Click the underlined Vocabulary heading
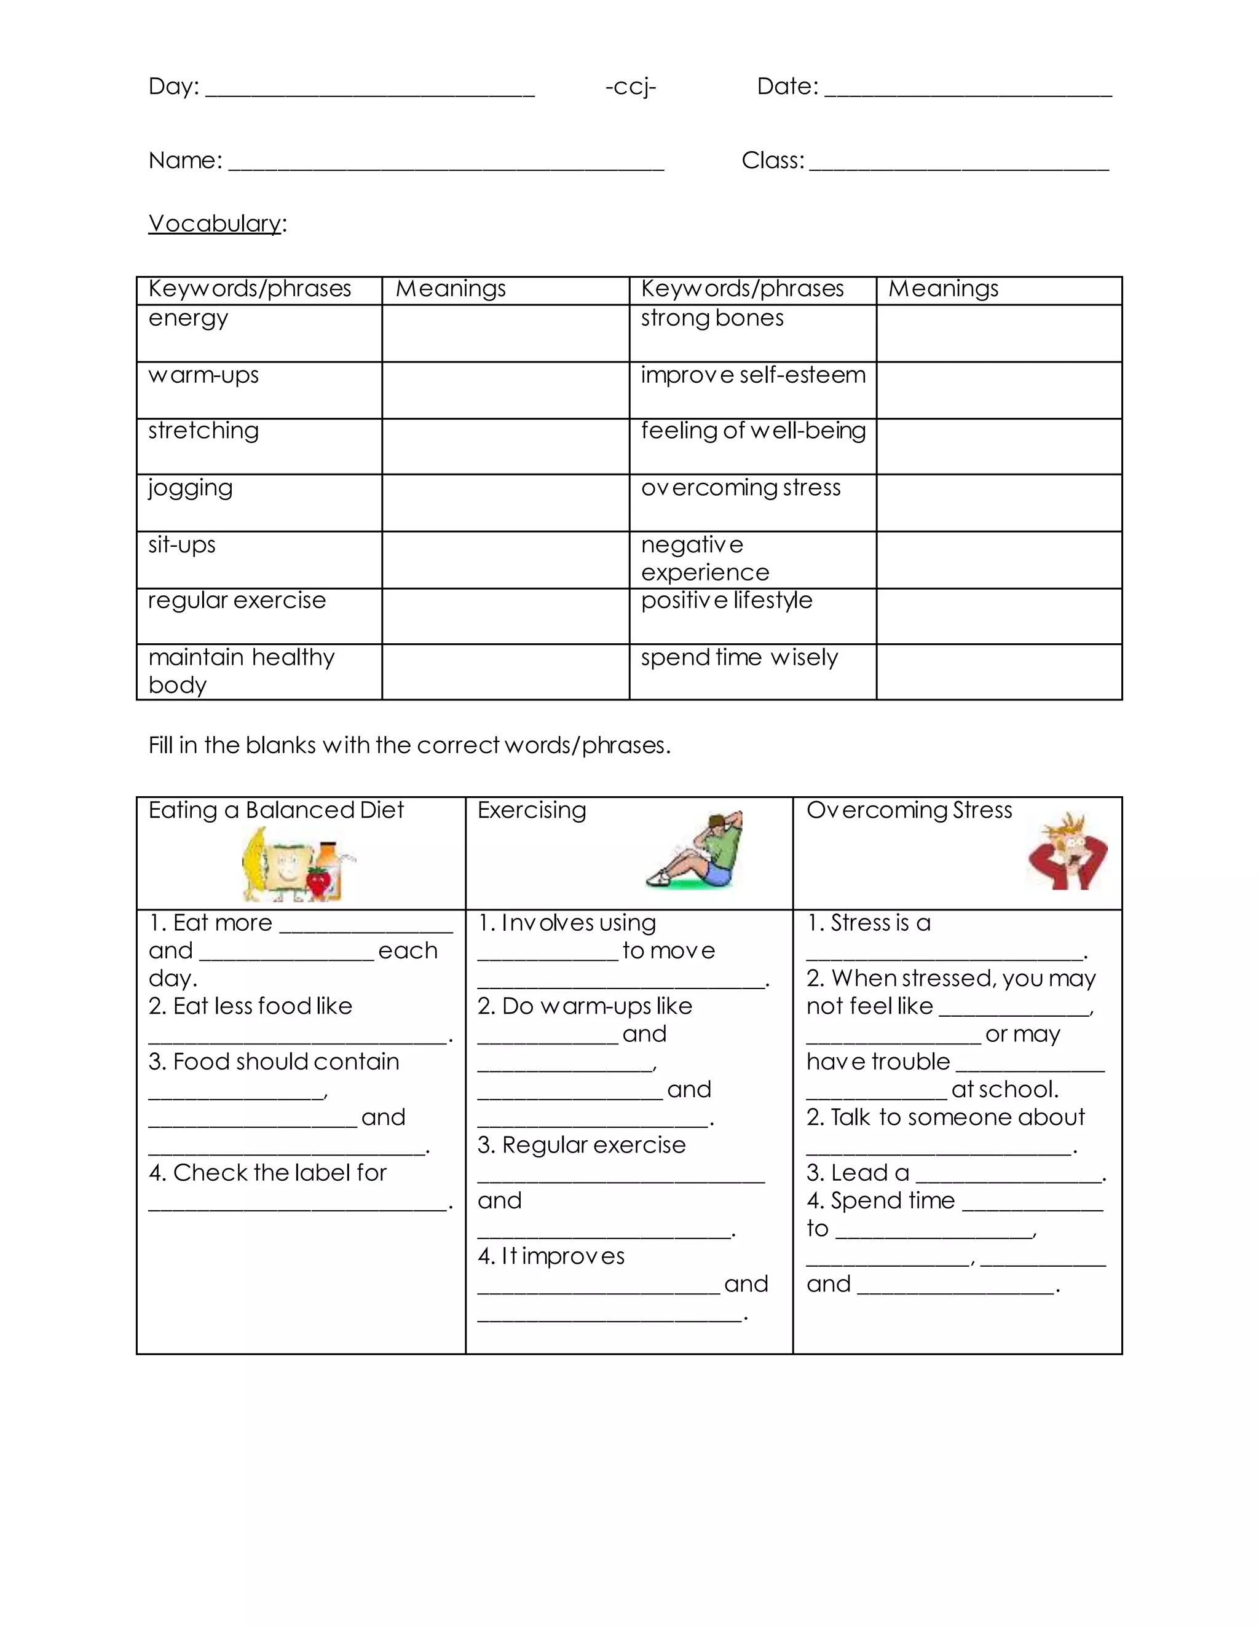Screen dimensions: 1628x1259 click(x=215, y=223)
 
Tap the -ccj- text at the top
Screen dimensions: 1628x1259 click(x=630, y=87)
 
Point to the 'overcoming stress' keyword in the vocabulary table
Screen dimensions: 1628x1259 click(x=740, y=488)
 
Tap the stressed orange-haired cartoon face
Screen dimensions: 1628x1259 click(x=1067, y=851)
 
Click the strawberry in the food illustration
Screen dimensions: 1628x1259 click(x=318, y=881)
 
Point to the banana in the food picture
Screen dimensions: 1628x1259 click(x=255, y=863)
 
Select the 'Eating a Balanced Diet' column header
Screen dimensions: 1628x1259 click(x=276, y=810)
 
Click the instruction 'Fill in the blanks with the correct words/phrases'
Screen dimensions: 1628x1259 click(x=409, y=745)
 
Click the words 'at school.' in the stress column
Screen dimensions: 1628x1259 click(x=1004, y=1090)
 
